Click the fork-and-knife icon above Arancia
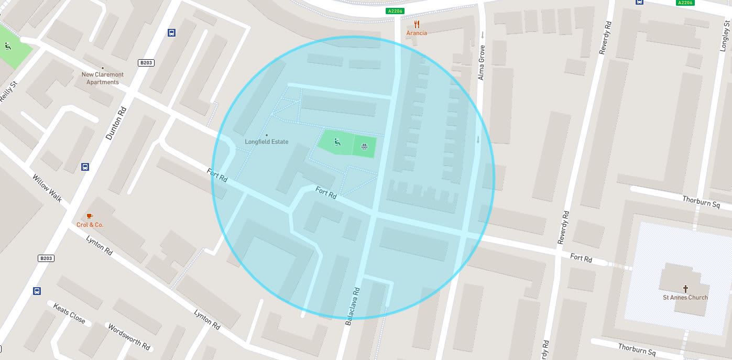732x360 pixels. click(x=417, y=24)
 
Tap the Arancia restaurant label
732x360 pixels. click(x=417, y=33)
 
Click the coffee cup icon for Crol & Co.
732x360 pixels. click(x=90, y=216)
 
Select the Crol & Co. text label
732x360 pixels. click(x=90, y=225)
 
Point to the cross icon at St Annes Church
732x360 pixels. click(x=685, y=289)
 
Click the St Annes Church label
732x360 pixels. click(x=685, y=298)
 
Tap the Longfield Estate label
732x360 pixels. click(x=267, y=142)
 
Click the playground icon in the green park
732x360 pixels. click(x=337, y=141)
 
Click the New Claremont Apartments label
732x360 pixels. click(x=103, y=78)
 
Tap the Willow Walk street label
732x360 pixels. click(x=47, y=188)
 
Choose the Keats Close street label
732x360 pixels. click(x=69, y=313)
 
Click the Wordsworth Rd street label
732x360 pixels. click(x=129, y=336)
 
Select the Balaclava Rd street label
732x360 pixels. click(x=353, y=306)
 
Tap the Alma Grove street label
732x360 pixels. click(x=482, y=63)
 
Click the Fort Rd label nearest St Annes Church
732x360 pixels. click(x=581, y=258)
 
